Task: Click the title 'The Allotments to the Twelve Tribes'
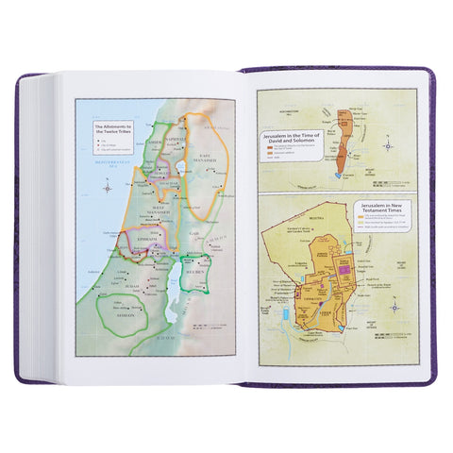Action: coord(109,126)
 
